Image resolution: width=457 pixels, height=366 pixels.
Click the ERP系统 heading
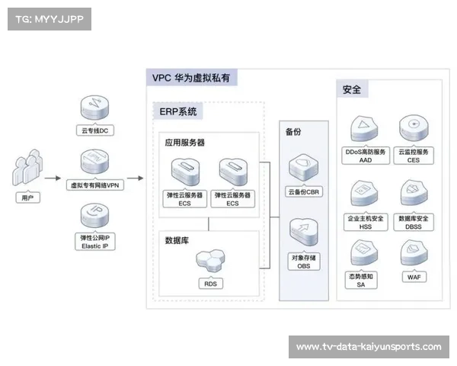pos(177,112)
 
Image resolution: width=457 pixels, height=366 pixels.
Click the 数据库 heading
pos(177,240)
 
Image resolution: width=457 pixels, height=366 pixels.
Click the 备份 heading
pos(294,132)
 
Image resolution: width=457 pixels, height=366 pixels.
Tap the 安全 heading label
pos(352,89)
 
